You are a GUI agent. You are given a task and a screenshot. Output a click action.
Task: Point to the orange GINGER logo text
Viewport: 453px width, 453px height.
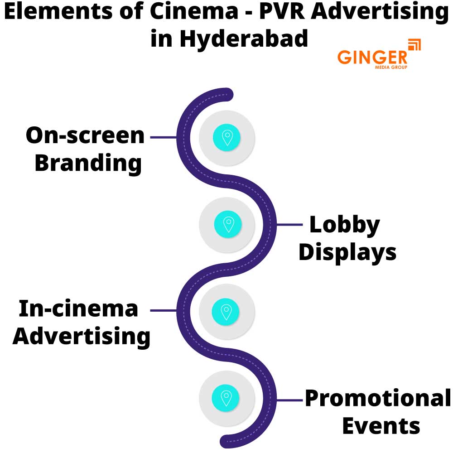372,57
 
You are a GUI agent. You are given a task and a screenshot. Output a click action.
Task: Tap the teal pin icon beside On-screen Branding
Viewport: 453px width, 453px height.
227,137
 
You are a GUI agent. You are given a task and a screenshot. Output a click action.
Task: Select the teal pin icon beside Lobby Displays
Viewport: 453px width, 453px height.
228,224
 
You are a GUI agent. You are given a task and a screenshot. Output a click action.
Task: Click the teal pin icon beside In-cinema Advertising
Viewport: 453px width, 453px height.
226,311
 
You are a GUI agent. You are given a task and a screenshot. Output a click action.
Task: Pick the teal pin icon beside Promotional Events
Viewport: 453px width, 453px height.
226,398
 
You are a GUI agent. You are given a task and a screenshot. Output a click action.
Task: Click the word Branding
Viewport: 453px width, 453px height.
88,163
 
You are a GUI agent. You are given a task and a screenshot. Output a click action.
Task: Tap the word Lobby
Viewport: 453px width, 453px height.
344,225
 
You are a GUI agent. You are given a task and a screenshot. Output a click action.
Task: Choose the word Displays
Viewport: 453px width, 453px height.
347,252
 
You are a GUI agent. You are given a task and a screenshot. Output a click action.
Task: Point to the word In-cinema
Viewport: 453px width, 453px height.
78,309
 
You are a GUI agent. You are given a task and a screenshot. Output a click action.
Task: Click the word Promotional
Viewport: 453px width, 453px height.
377,399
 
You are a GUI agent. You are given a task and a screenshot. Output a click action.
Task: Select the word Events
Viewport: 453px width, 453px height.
381,426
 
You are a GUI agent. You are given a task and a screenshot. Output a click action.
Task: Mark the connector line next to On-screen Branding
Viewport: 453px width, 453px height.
163,137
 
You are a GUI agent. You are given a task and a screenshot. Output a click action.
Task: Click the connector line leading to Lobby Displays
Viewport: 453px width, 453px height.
289,224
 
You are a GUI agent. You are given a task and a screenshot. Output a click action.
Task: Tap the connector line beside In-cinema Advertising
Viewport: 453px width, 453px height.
163,311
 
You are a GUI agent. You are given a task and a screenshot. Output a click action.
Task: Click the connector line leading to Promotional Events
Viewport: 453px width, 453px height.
289,400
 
